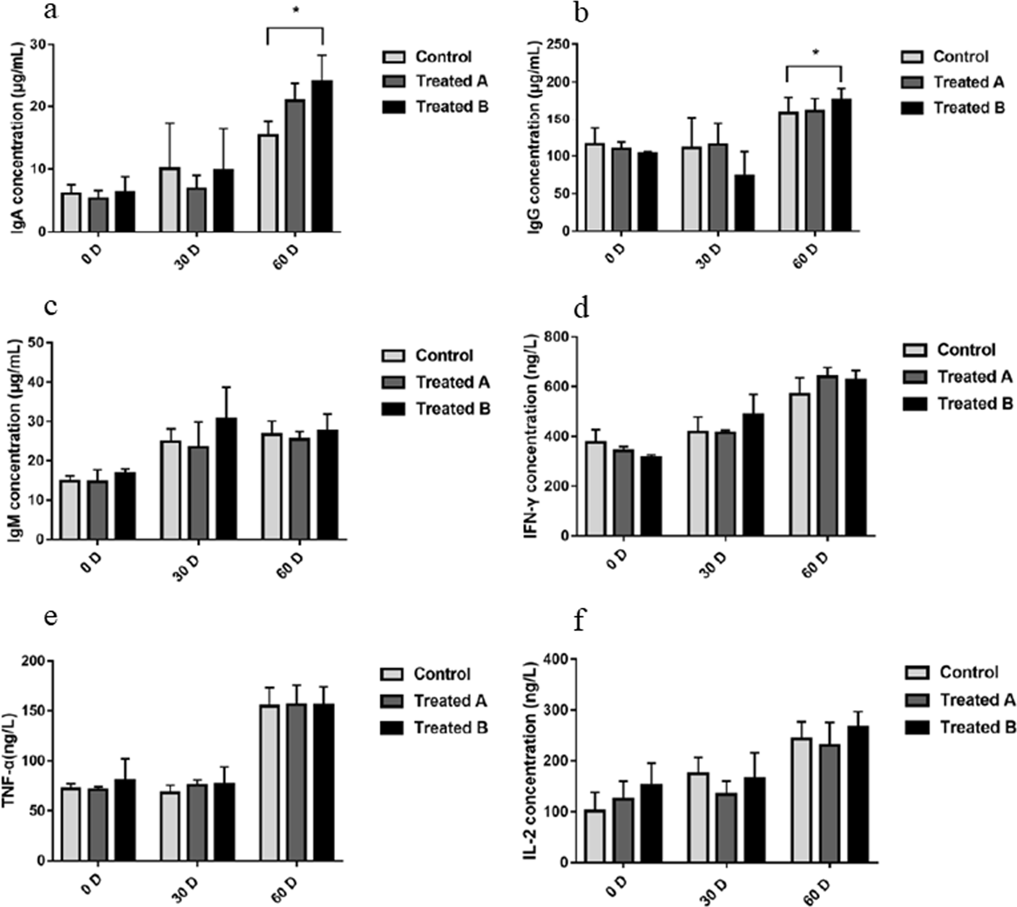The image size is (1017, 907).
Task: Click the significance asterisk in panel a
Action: click(295, 11)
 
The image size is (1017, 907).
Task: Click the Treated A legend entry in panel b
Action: click(968, 82)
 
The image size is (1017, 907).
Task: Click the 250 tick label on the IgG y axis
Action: click(558, 45)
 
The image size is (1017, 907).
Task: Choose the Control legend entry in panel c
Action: click(443, 356)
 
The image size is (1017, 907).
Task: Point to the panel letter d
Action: click(581, 309)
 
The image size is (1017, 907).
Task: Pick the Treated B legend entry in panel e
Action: click(450, 728)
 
